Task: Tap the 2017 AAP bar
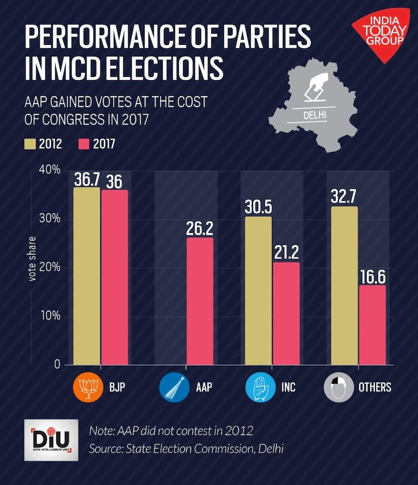coord(200,301)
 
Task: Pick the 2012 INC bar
coord(258,291)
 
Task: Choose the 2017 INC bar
coord(286,313)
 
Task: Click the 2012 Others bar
coord(344,286)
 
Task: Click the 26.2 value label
coord(200,228)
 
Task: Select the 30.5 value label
coord(258,208)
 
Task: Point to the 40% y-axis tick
coord(49,169)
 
